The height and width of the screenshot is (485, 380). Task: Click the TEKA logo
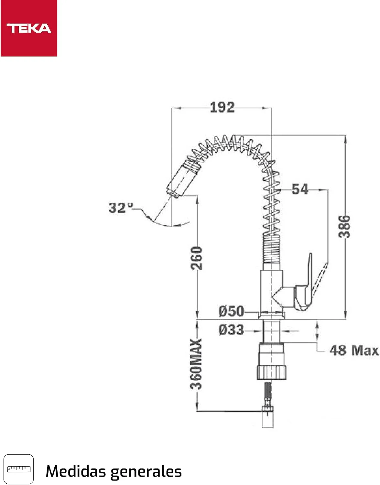click(x=29, y=28)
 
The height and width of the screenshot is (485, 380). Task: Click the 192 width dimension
click(x=222, y=107)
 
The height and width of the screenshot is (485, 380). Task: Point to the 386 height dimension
click(x=344, y=227)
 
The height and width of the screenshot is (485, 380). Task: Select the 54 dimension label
click(x=300, y=189)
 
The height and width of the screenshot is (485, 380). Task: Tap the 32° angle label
click(x=121, y=208)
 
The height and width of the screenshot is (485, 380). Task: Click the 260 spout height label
click(x=196, y=258)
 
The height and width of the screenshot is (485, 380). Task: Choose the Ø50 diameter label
click(x=231, y=311)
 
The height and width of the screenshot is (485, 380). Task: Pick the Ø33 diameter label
click(x=231, y=330)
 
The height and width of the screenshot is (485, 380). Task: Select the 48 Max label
click(x=354, y=350)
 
